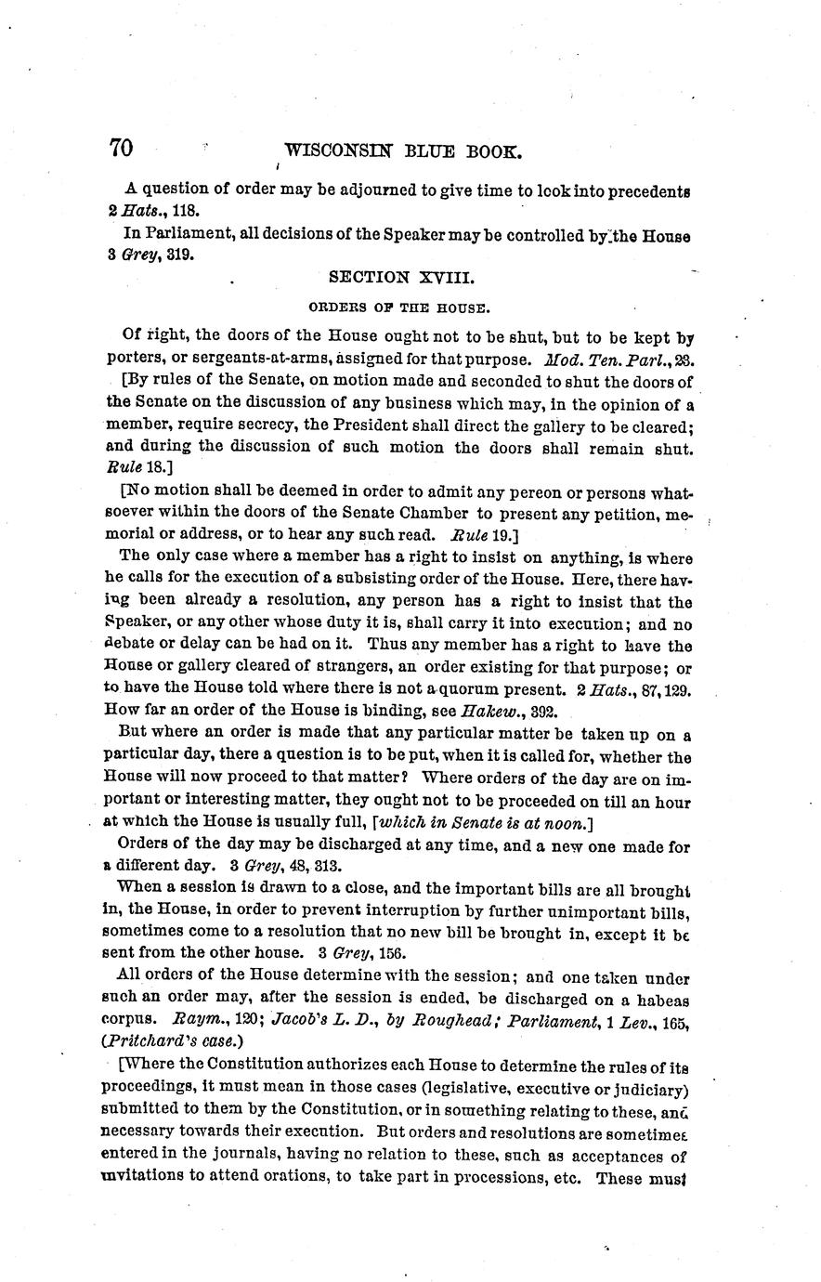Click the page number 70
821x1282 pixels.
tap(122, 149)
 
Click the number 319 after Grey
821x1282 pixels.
tap(179, 254)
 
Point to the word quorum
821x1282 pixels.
tap(462, 690)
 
